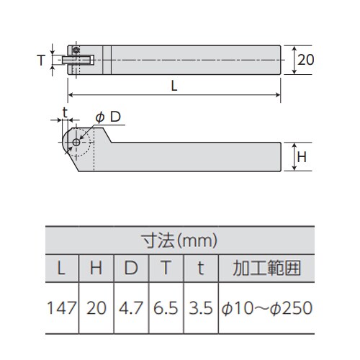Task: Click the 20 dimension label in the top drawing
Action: (x=305, y=60)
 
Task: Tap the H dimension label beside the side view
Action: (x=304, y=156)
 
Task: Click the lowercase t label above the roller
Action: (x=65, y=112)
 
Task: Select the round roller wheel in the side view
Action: (x=76, y=143)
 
